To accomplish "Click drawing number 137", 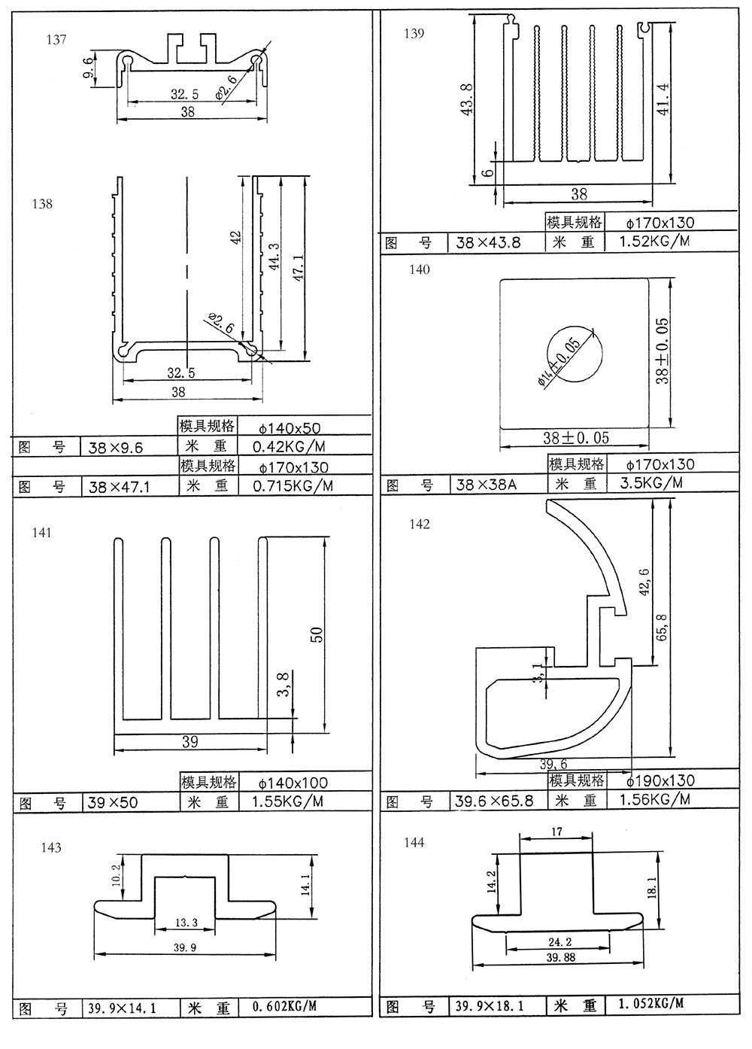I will (x=56, y=39).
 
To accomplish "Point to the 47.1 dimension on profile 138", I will (x=298, y=267).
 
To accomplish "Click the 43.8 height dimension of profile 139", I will (x=465, y=97).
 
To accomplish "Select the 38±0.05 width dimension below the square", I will (x=576, y=437).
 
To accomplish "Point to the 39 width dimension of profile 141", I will (x=190, y=742).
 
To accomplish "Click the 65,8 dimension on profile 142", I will (x=663, y=626).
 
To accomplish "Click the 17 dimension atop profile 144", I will (x=556, y=832).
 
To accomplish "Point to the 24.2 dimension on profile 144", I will (x=557, y=942).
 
